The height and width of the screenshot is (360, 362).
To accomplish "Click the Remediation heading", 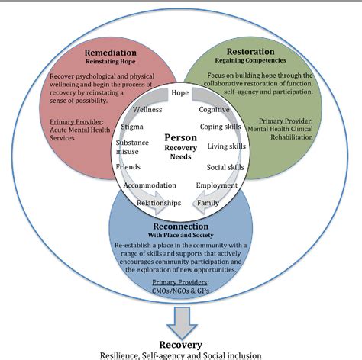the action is (x=111, y=53).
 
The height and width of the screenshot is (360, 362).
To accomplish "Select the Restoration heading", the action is (x=250, y=52).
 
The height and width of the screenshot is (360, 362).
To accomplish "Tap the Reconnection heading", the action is (x=181, y=227).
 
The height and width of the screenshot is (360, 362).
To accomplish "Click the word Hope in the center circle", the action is (x=180, y=93).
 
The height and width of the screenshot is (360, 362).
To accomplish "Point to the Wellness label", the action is (x=147, y=110).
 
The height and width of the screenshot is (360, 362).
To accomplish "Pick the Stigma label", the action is (x=132, y=127).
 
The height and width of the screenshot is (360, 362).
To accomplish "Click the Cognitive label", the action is (x=214, y=110).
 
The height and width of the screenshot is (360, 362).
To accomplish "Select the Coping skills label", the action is (x=221, y=127).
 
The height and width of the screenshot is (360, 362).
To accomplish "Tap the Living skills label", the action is (x=227, y=146).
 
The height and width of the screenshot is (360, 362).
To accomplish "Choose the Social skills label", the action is (x=225, y=167).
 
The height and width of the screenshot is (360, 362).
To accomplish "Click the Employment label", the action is (x=217, y=185).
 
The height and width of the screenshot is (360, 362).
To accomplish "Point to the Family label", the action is (x=208, y=203).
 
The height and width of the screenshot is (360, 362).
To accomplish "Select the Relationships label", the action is (x=159, y=203).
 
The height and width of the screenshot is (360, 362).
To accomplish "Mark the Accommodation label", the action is (x=150, y=185).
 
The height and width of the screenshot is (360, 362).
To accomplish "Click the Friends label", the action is (x=128, y=167).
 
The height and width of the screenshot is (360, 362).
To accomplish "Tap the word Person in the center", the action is (x=181, y=137).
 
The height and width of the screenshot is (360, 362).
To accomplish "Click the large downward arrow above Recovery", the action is (x=182, y=323).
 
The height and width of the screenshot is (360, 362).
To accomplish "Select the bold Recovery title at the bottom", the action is (x=181, y=345).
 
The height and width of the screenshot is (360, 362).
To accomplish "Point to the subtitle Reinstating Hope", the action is (x=111, y=62).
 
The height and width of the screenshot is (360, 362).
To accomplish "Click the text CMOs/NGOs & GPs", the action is (x=180, y=291).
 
